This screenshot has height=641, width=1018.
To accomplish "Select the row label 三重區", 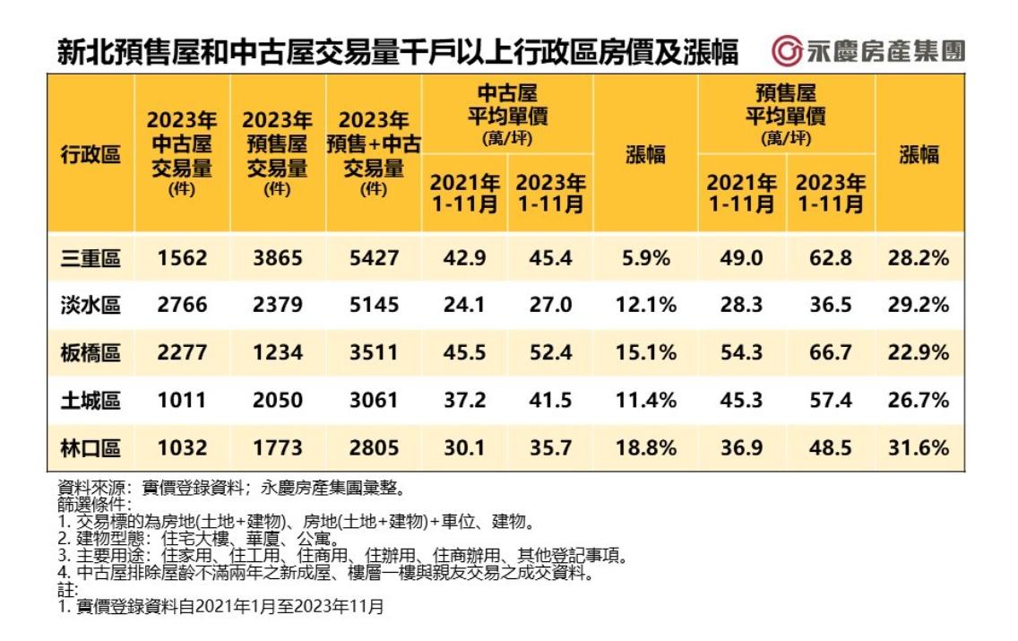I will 90,258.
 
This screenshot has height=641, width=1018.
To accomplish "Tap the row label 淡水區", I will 90,306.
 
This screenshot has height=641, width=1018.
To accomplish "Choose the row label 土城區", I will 90,400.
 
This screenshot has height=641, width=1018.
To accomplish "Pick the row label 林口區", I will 90,447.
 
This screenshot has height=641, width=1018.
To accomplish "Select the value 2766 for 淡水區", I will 182,306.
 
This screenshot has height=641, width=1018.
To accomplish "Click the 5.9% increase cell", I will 644,258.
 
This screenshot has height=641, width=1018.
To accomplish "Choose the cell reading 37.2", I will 463,400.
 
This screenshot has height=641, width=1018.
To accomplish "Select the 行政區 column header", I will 90,154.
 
